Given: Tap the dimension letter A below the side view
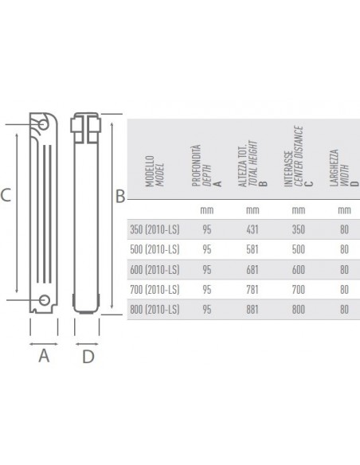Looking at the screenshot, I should tap(44, 357).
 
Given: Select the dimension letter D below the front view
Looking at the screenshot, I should tap(88, 357).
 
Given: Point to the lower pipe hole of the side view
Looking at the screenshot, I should tap(44, 300).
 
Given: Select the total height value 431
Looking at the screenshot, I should tap(252, 229).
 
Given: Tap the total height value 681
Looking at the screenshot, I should tap(252, 268).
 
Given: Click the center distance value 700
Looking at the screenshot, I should tap(298, 287).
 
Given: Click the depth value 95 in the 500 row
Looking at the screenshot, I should tap(205, 248).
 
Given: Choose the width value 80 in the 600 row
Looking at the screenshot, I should tap(344, 268).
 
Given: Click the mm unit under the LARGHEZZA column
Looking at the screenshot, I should tap(344, 210).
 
